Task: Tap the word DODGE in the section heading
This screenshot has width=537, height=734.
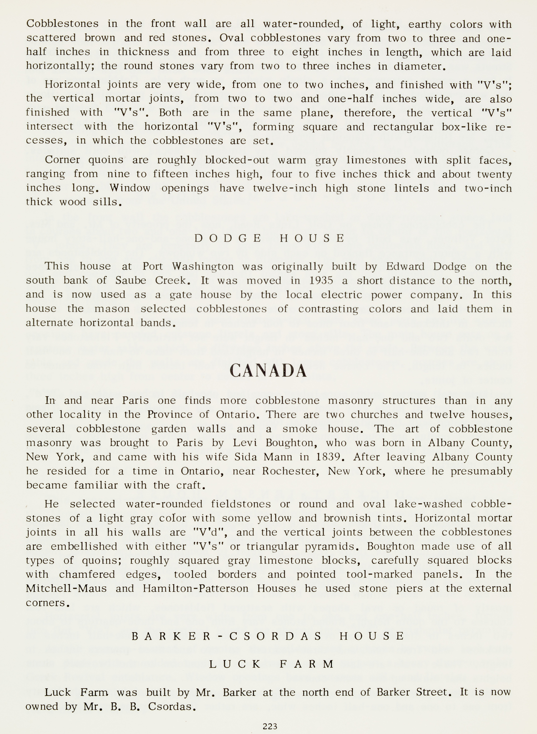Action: point(227,238)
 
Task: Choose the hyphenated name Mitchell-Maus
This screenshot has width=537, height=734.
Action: point(66,589)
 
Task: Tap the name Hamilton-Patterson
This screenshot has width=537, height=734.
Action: point(195,589)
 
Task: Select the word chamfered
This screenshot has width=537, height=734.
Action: point(87,575)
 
